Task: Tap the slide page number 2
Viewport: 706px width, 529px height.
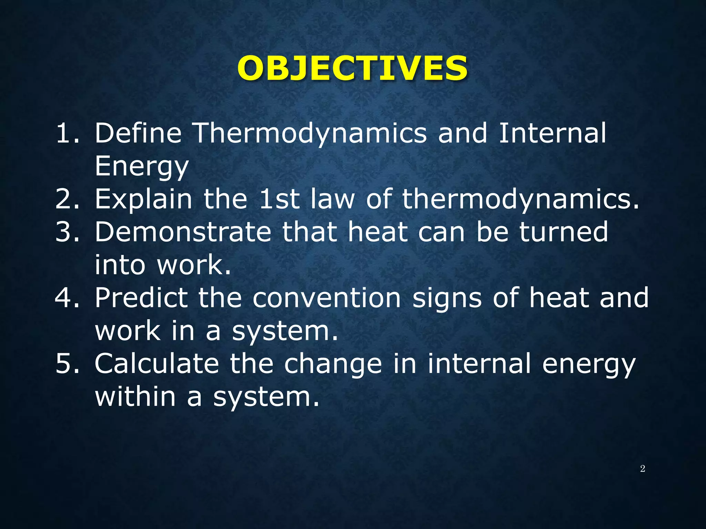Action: click(642, 468)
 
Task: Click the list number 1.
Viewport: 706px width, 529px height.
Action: click(68, 133)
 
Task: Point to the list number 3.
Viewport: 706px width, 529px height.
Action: click(68, 232)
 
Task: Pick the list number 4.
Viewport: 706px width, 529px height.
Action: click(68, 298)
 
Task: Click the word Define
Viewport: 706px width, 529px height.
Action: click(138, 133)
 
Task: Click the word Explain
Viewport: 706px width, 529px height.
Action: click(143, 200)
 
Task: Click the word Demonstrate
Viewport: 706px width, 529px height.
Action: click(183, 232)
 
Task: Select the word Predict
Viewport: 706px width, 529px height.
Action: click(141, 298)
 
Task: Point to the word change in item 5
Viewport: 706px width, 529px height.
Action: click(333, 364)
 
